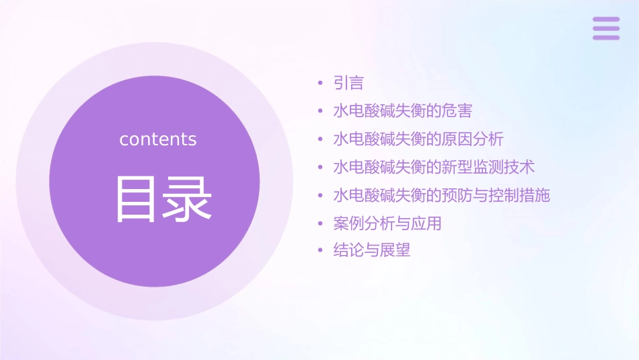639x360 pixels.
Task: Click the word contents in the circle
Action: coord(158,139)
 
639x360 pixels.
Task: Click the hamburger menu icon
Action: coord(606,28)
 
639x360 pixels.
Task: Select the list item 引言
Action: coord(348,83)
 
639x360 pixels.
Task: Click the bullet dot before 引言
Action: coord(320,84)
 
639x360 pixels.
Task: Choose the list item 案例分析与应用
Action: coord(387,223)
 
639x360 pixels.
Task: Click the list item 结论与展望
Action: coord(372,250)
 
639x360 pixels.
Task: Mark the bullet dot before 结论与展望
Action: coord(320,251)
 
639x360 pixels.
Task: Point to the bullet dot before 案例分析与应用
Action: coord(320,223)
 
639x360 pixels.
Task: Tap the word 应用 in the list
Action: coord(426,223)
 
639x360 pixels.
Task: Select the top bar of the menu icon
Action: coord(606,20)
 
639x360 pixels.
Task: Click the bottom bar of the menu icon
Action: coord(606,38)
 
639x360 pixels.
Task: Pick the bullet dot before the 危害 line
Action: coord(320,112)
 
